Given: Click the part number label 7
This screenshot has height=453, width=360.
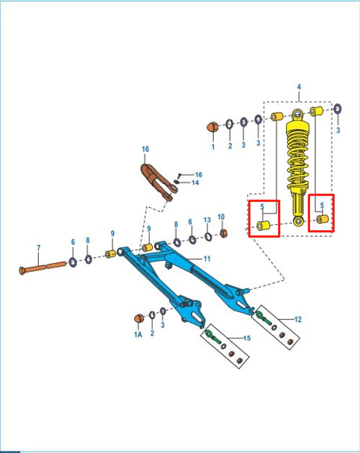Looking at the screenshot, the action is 39,248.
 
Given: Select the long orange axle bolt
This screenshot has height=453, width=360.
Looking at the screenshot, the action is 42,267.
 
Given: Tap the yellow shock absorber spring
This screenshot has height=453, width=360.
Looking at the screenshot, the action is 297,157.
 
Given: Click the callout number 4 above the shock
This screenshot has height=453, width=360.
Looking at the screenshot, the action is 299,86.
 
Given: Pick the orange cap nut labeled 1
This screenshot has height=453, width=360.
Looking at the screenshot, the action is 212,127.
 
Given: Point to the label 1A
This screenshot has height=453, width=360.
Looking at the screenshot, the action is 138,335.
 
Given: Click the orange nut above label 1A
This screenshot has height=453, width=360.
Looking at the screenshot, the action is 139,318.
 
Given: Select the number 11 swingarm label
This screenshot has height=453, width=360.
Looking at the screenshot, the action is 207,259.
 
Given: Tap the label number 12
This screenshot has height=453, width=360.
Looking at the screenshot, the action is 298,319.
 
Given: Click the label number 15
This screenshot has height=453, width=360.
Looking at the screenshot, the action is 247,338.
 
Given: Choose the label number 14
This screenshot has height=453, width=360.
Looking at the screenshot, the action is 195,183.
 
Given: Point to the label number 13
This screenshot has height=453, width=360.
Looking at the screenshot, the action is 207,220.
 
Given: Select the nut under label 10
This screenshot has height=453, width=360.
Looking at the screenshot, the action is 224,233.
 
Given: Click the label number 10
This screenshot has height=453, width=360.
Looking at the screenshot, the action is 221,217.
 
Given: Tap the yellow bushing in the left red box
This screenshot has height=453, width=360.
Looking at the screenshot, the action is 263,225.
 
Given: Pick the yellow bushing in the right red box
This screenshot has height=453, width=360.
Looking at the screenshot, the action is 322,219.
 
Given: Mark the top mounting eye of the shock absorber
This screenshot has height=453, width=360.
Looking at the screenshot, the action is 297,115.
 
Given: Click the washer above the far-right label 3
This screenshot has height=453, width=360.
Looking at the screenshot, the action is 337,110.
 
